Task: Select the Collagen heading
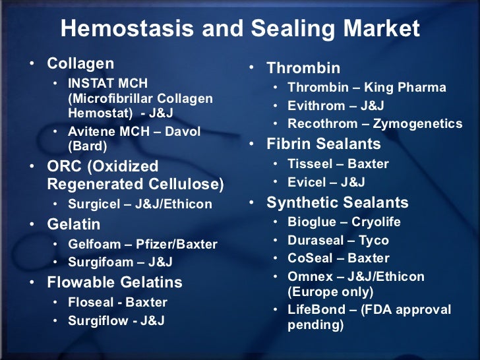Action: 80,64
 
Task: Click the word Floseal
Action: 90,303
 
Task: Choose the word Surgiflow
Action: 96,321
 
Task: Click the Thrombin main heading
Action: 303,68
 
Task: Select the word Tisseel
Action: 309,164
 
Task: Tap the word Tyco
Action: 374,241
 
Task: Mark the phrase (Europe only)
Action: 330,292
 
